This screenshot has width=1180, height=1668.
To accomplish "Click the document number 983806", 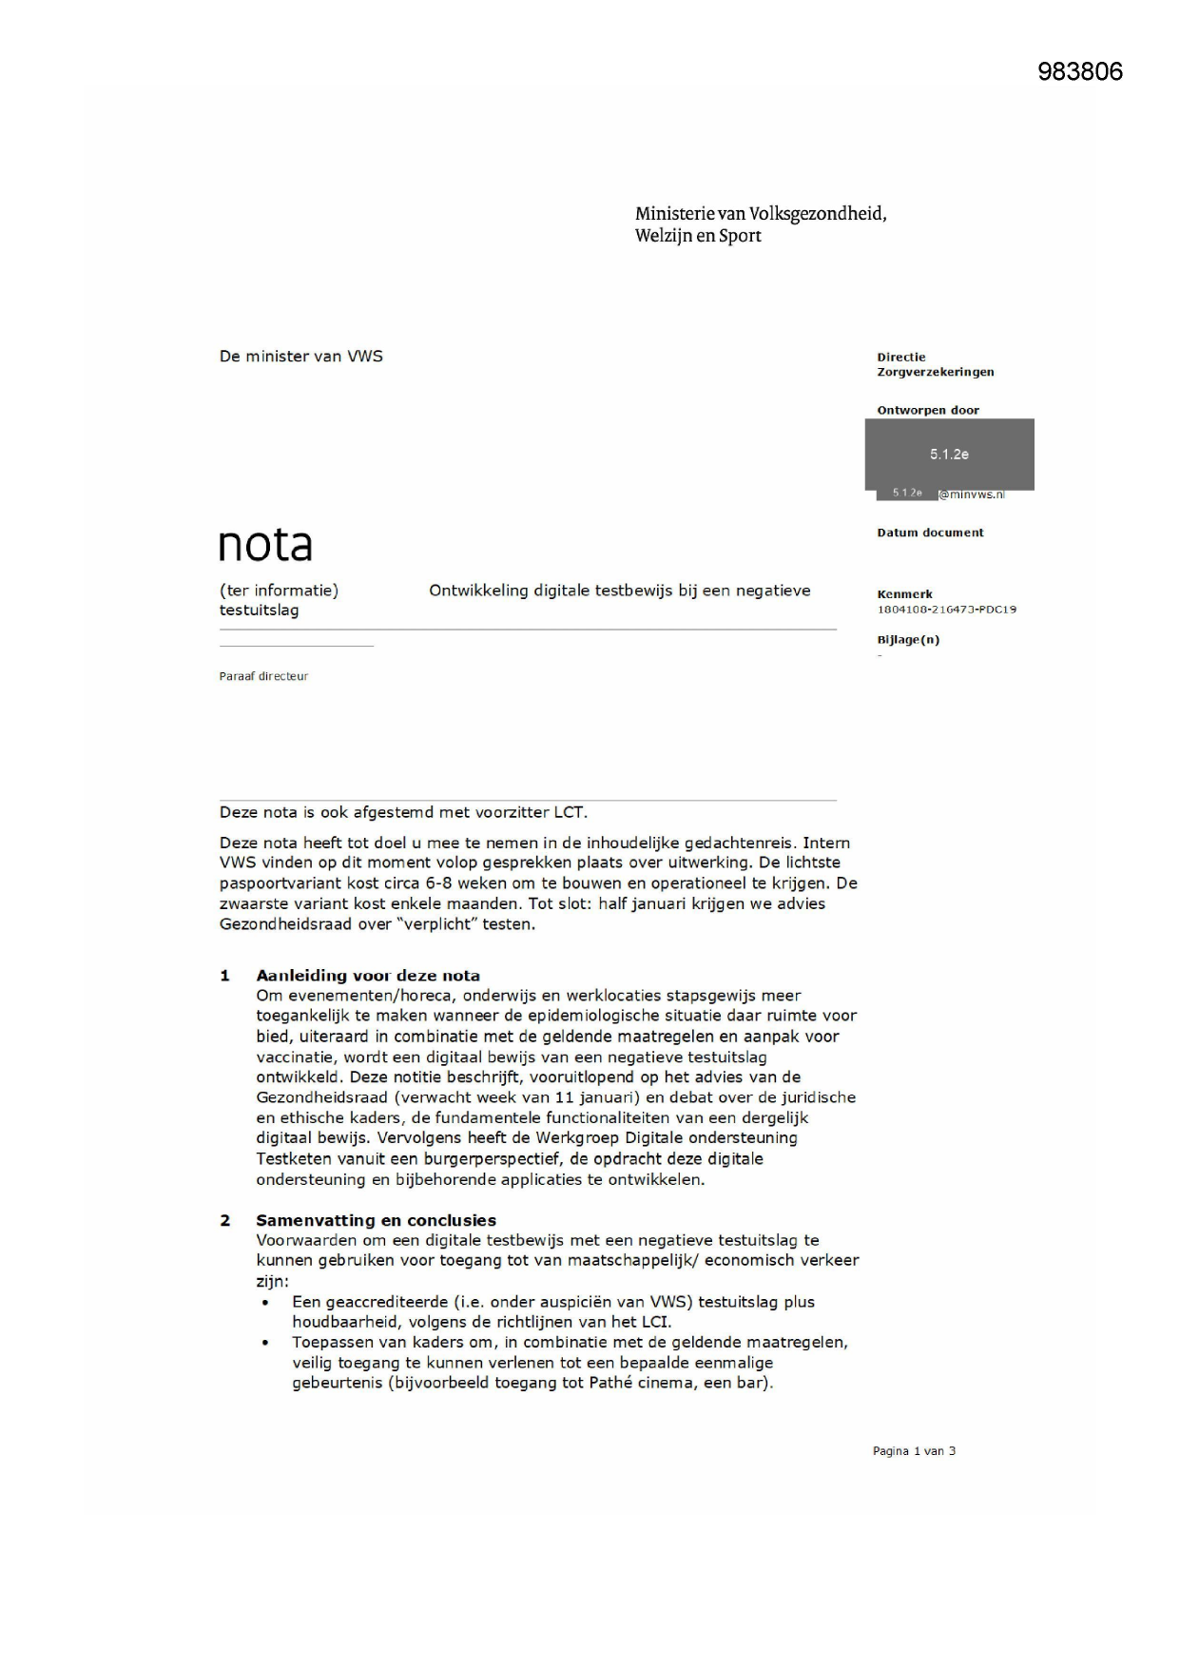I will [1079, 72].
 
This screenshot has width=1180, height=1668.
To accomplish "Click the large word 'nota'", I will [265, 545].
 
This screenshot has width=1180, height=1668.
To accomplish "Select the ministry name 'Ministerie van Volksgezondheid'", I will [760, 214].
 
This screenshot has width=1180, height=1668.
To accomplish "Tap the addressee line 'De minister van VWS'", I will [300, 357].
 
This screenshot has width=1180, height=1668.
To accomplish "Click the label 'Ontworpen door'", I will [927, 411].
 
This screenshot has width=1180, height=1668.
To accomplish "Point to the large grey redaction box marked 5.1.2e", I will [949, 454].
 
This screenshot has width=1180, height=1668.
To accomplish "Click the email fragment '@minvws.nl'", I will [972, 495].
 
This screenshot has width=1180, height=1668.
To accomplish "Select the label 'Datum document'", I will [930, 533].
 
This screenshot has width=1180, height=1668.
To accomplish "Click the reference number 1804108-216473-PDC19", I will [946, 610].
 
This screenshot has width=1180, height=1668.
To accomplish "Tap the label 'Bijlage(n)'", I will [908, 640].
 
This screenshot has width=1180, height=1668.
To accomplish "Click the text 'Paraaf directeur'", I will [263, 676].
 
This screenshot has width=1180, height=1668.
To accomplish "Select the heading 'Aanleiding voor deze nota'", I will [367, 976].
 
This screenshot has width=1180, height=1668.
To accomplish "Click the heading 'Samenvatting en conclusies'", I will [376, 1220].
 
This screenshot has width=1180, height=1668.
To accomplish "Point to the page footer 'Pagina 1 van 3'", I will [914, 1451].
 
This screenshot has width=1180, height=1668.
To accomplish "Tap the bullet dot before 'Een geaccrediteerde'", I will [265, 1303].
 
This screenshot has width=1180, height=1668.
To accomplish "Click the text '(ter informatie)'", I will [279, 591].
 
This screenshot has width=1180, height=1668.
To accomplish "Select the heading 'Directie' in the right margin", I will [900, 358].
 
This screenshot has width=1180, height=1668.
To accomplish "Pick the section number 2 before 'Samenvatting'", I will [225, 1220].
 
